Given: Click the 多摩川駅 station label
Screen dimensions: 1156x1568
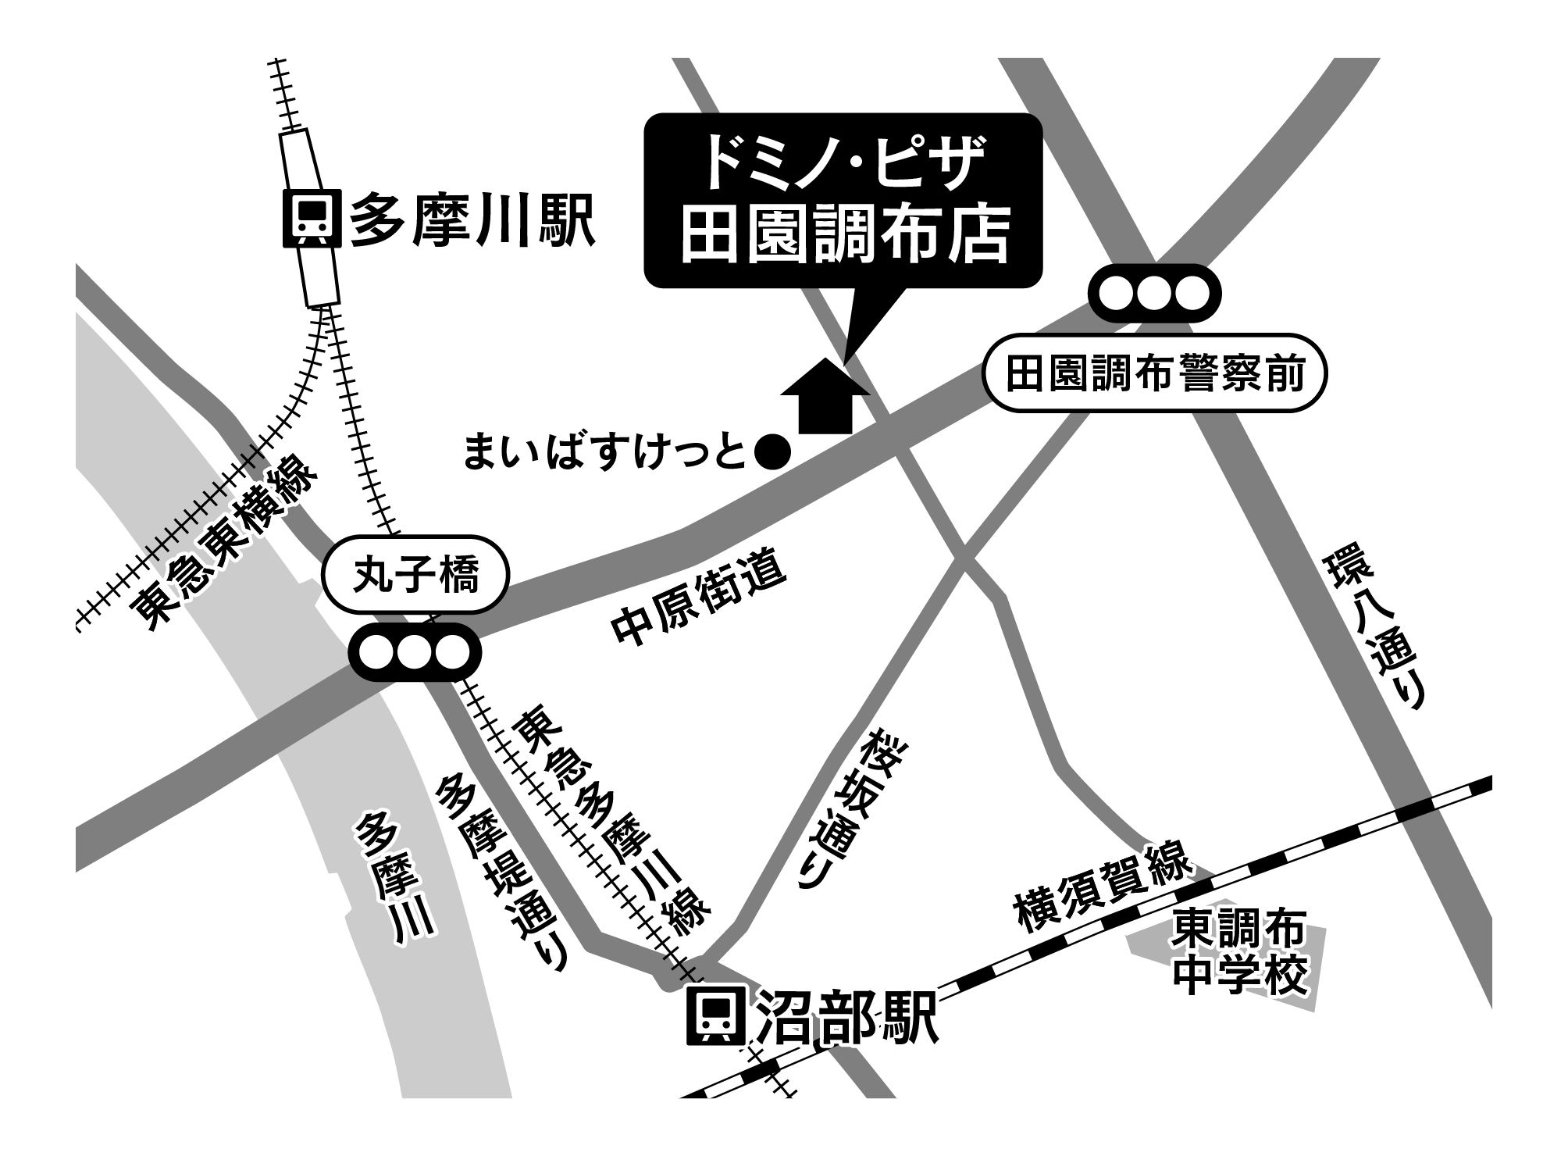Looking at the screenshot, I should [x=472, y=221].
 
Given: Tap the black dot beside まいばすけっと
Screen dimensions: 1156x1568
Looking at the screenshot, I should [x=775, y=453].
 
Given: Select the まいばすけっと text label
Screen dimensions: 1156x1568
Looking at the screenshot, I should [x=606, y=453].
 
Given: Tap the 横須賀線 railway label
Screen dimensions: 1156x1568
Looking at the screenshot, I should [x=1103, y=884].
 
